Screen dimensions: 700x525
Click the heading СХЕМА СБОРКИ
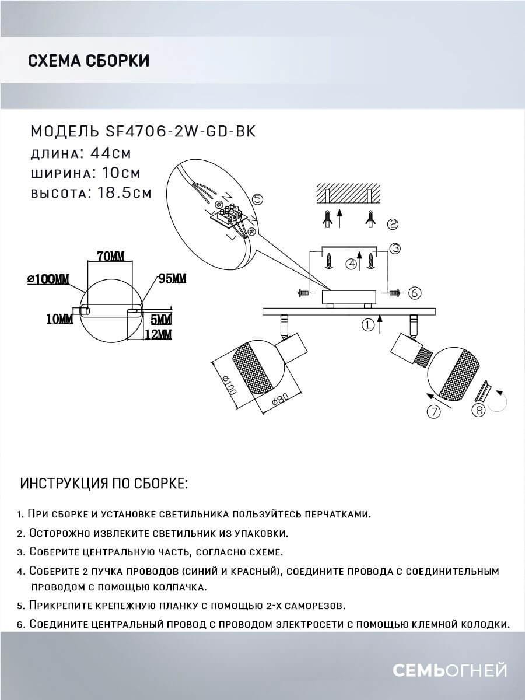tap(88, 60)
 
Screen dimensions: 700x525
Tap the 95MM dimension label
tap(172, 278)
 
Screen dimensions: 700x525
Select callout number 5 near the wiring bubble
tap(258, 199)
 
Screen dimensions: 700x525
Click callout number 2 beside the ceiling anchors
tap(393, 224)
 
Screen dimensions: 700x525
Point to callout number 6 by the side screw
tap(414, 293)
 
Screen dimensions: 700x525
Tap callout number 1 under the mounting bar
tap(367, 325)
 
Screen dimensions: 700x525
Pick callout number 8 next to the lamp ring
tap(478, 410)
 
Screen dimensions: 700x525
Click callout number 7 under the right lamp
tap(433, 412)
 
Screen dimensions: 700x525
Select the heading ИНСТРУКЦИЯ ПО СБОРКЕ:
tap(104, 484)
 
